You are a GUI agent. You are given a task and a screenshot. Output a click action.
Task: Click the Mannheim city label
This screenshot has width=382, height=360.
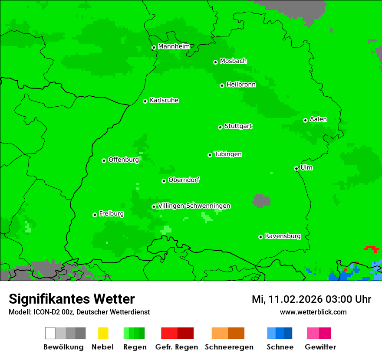[x=174, y=46]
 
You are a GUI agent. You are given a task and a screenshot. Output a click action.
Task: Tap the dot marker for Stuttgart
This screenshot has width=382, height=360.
[x=220, y=127]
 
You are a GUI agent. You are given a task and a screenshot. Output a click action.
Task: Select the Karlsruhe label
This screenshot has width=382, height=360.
[x=164, y=100]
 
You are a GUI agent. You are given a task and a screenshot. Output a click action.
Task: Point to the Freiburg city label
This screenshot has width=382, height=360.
[x=111, y=214]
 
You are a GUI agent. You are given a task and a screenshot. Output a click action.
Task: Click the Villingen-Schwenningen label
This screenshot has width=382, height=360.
[x=194, y=206]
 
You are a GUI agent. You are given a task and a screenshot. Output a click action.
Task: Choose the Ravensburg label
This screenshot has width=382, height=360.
[x=283, y=236]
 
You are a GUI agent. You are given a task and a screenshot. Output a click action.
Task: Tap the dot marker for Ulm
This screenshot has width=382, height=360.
[x=296, y=169]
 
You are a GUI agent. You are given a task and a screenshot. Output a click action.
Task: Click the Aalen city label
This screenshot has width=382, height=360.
[x=318, y=119]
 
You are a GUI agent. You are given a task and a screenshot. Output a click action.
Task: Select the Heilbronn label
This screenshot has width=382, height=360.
[x=241, y=85]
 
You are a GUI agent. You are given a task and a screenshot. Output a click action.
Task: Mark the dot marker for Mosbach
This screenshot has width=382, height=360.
[x=215, y=62]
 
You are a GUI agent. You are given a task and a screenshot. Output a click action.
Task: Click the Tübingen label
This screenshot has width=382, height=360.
[x=228, y=154]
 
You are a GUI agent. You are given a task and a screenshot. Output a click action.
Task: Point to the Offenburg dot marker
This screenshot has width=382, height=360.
[x=104, y=160]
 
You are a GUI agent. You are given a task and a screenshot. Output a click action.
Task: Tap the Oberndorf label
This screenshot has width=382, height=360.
[x=184, y=180]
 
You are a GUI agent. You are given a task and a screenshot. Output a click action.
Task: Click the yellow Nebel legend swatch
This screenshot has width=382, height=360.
[x=103, y=333]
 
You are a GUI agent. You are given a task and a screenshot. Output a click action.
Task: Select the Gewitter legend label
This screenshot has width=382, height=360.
[x=320, y=347]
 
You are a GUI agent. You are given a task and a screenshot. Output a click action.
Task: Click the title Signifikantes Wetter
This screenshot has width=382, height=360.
[x=72, y=299]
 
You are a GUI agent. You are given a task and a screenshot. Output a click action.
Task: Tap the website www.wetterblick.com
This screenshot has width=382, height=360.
[x=313, y=312]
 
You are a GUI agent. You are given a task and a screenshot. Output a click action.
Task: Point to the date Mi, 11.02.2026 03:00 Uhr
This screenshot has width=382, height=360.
[x=311, y=299]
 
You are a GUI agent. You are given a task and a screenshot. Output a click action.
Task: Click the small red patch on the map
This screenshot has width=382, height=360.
[x=372, y=249]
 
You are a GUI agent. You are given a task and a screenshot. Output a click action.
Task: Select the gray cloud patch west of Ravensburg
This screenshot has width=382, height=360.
[x=261, y=200]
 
